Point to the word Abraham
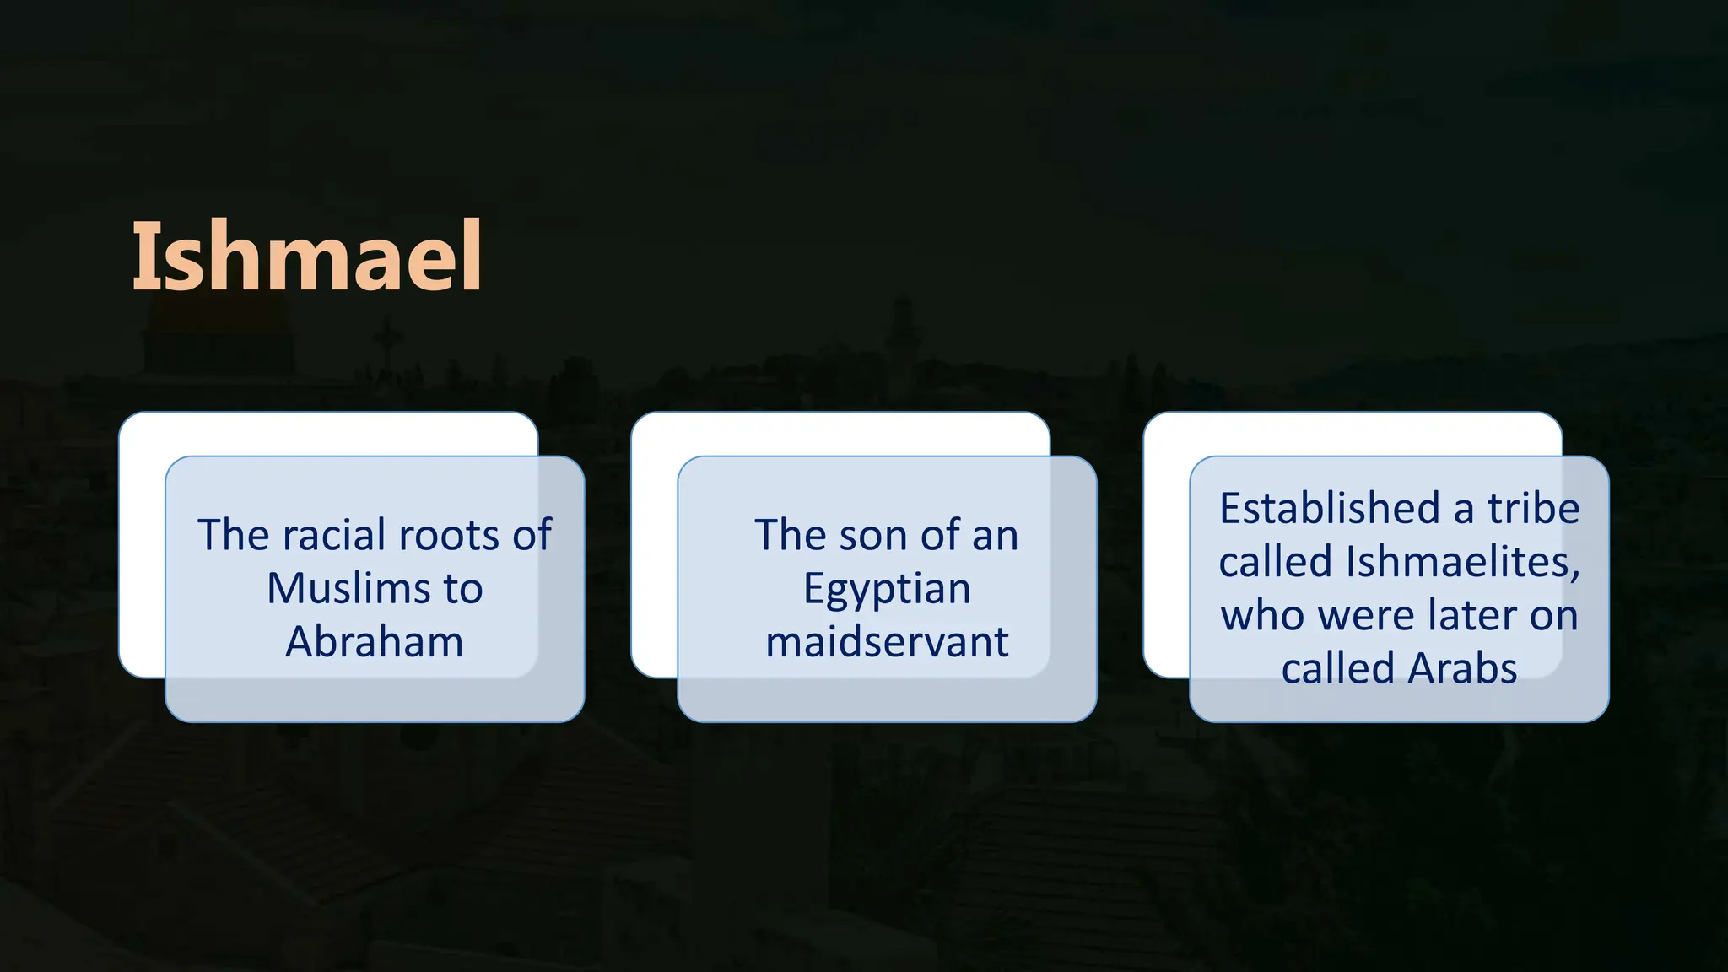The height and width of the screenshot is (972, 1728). point(375,641)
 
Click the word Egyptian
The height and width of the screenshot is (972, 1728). point(887,588)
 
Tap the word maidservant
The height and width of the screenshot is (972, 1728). point(887,641)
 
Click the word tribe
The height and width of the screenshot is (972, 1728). point(1533,508)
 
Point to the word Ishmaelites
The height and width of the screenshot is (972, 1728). point(1462,561)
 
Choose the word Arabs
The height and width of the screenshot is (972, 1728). point(1462,668)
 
